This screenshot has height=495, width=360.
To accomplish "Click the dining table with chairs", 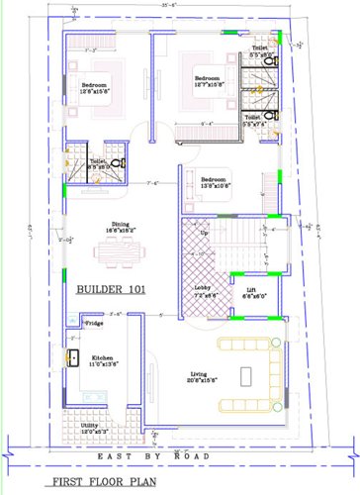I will pyautogui.click(x=119, y=253).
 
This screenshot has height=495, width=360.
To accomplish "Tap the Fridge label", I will pyautogui.click(x=94, y=323).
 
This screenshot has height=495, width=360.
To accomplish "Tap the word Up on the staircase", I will pyautogui.click(x=205, y=234).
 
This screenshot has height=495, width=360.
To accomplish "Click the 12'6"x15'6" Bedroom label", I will pyautogui.click(x=95, y=88).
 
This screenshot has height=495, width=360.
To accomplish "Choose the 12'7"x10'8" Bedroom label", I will pyautogui.click(x=208, y=81).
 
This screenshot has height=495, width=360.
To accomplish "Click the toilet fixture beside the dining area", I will pyautogui.click(x=117, y=163).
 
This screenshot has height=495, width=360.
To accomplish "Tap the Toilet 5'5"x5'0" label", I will pyautogui.click(x=259, y=50).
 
